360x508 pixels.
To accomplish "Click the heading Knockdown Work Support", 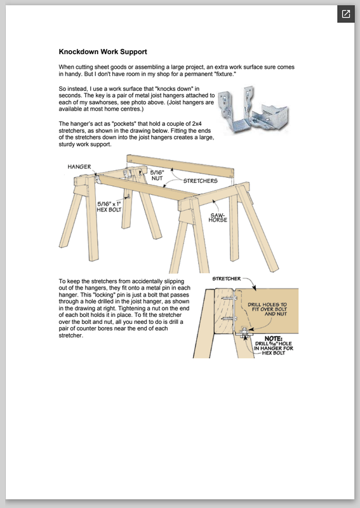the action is [103, 52].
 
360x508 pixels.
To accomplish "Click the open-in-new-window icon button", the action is [346, 14].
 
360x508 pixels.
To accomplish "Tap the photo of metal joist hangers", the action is [253, 109].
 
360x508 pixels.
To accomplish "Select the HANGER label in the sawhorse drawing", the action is [79, 166].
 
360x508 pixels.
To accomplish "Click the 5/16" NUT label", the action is [157, 175].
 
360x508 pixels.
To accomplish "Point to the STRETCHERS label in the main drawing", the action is [200, 181].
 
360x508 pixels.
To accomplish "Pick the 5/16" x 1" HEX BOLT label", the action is [109, 207].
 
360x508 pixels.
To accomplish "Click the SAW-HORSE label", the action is [218, 217].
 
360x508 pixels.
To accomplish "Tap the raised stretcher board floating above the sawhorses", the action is [180, 166].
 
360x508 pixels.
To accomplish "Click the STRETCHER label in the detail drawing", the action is [227, 279].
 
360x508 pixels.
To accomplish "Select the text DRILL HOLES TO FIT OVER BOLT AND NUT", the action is [267, 309].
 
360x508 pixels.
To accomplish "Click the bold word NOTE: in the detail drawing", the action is [273, 338].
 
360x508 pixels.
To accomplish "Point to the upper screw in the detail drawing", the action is [228, 297].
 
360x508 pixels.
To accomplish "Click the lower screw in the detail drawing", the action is [228, 319].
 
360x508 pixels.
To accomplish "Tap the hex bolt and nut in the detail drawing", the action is [244, 332].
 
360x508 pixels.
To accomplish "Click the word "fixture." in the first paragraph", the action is [224, 74].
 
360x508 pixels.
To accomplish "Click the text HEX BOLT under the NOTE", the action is [274, 353].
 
